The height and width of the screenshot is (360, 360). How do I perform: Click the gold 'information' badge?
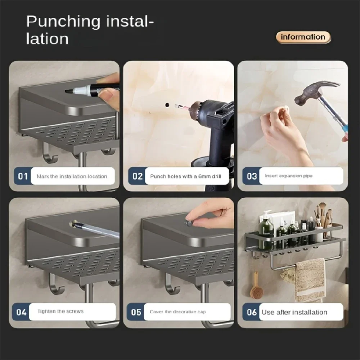(x=303, y=37)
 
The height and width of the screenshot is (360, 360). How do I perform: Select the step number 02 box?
(x=138, y=176)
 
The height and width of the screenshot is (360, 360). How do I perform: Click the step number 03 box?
(x=252, y=176)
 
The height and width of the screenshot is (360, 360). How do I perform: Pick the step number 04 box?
(x=22, y=312)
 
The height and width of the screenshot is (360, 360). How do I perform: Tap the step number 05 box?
(x=136, y=312)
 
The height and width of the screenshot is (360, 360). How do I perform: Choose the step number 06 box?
(x=252, y=312)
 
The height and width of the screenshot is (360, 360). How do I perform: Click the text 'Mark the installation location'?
(x=72, y=176)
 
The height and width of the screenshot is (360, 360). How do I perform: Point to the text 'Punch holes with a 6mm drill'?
(x=185, y=176)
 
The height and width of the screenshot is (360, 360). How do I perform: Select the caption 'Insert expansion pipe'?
(x=289, y=176)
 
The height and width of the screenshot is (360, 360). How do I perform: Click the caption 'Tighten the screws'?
(x=60, y=311)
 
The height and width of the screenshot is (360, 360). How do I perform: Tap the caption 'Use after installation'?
(x=294, y=312)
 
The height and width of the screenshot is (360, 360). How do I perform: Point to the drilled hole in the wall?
(x=166, y=104)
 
